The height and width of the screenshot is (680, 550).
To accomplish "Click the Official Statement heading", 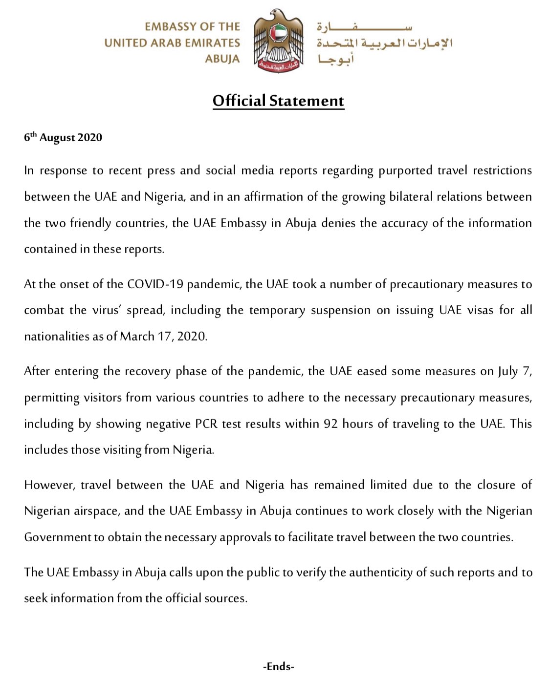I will tap(278, 101).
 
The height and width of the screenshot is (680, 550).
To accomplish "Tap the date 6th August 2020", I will tap(63, 137).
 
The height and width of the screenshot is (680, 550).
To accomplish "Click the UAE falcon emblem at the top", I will tap(278, 42).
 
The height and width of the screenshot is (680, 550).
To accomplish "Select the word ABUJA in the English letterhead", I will tap(222, 59).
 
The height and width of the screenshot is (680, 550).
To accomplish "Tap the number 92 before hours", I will tap(330, 424).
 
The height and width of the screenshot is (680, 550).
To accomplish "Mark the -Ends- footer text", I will tap(278, 666).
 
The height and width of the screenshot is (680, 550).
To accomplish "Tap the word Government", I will tap(57, 537).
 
